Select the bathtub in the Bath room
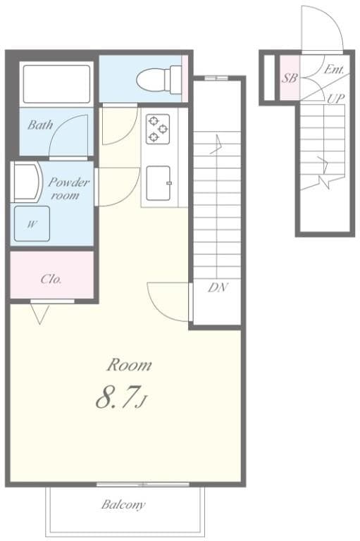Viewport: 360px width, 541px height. [56, 84]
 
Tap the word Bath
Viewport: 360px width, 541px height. [39, 125]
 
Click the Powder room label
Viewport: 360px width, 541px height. [68, 188]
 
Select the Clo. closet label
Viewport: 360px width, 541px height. [51, 279]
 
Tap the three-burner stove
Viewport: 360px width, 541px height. [157, 128]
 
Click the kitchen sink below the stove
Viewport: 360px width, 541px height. [158, 183]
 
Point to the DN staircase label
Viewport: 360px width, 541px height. [218, 287]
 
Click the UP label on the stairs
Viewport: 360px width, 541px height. [335, 99]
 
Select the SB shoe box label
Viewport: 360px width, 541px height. [289, 78]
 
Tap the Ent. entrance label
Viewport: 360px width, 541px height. [334, 70]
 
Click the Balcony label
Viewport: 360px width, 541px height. [123, 504]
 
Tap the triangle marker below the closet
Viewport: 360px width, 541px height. [39, 312]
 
